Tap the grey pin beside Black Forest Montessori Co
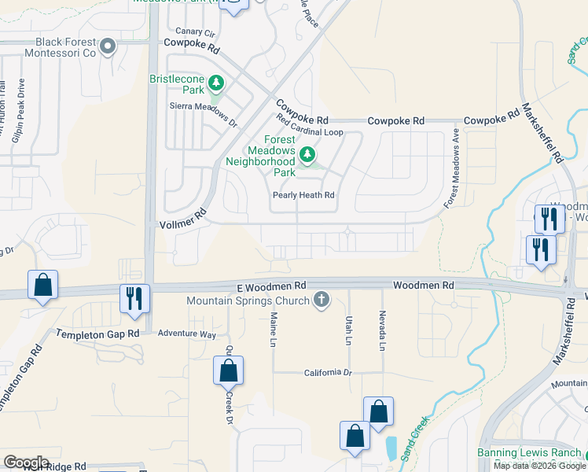coord(108,48)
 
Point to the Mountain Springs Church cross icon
coord(320,300)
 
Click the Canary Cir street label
coord(195,32)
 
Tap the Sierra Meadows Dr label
coord(203,113)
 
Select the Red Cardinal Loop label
coord(311,126)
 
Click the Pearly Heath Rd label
coord(303,195)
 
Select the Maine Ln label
coord(274,329)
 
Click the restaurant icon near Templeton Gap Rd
coord(134,299)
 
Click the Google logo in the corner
coord(27,462)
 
